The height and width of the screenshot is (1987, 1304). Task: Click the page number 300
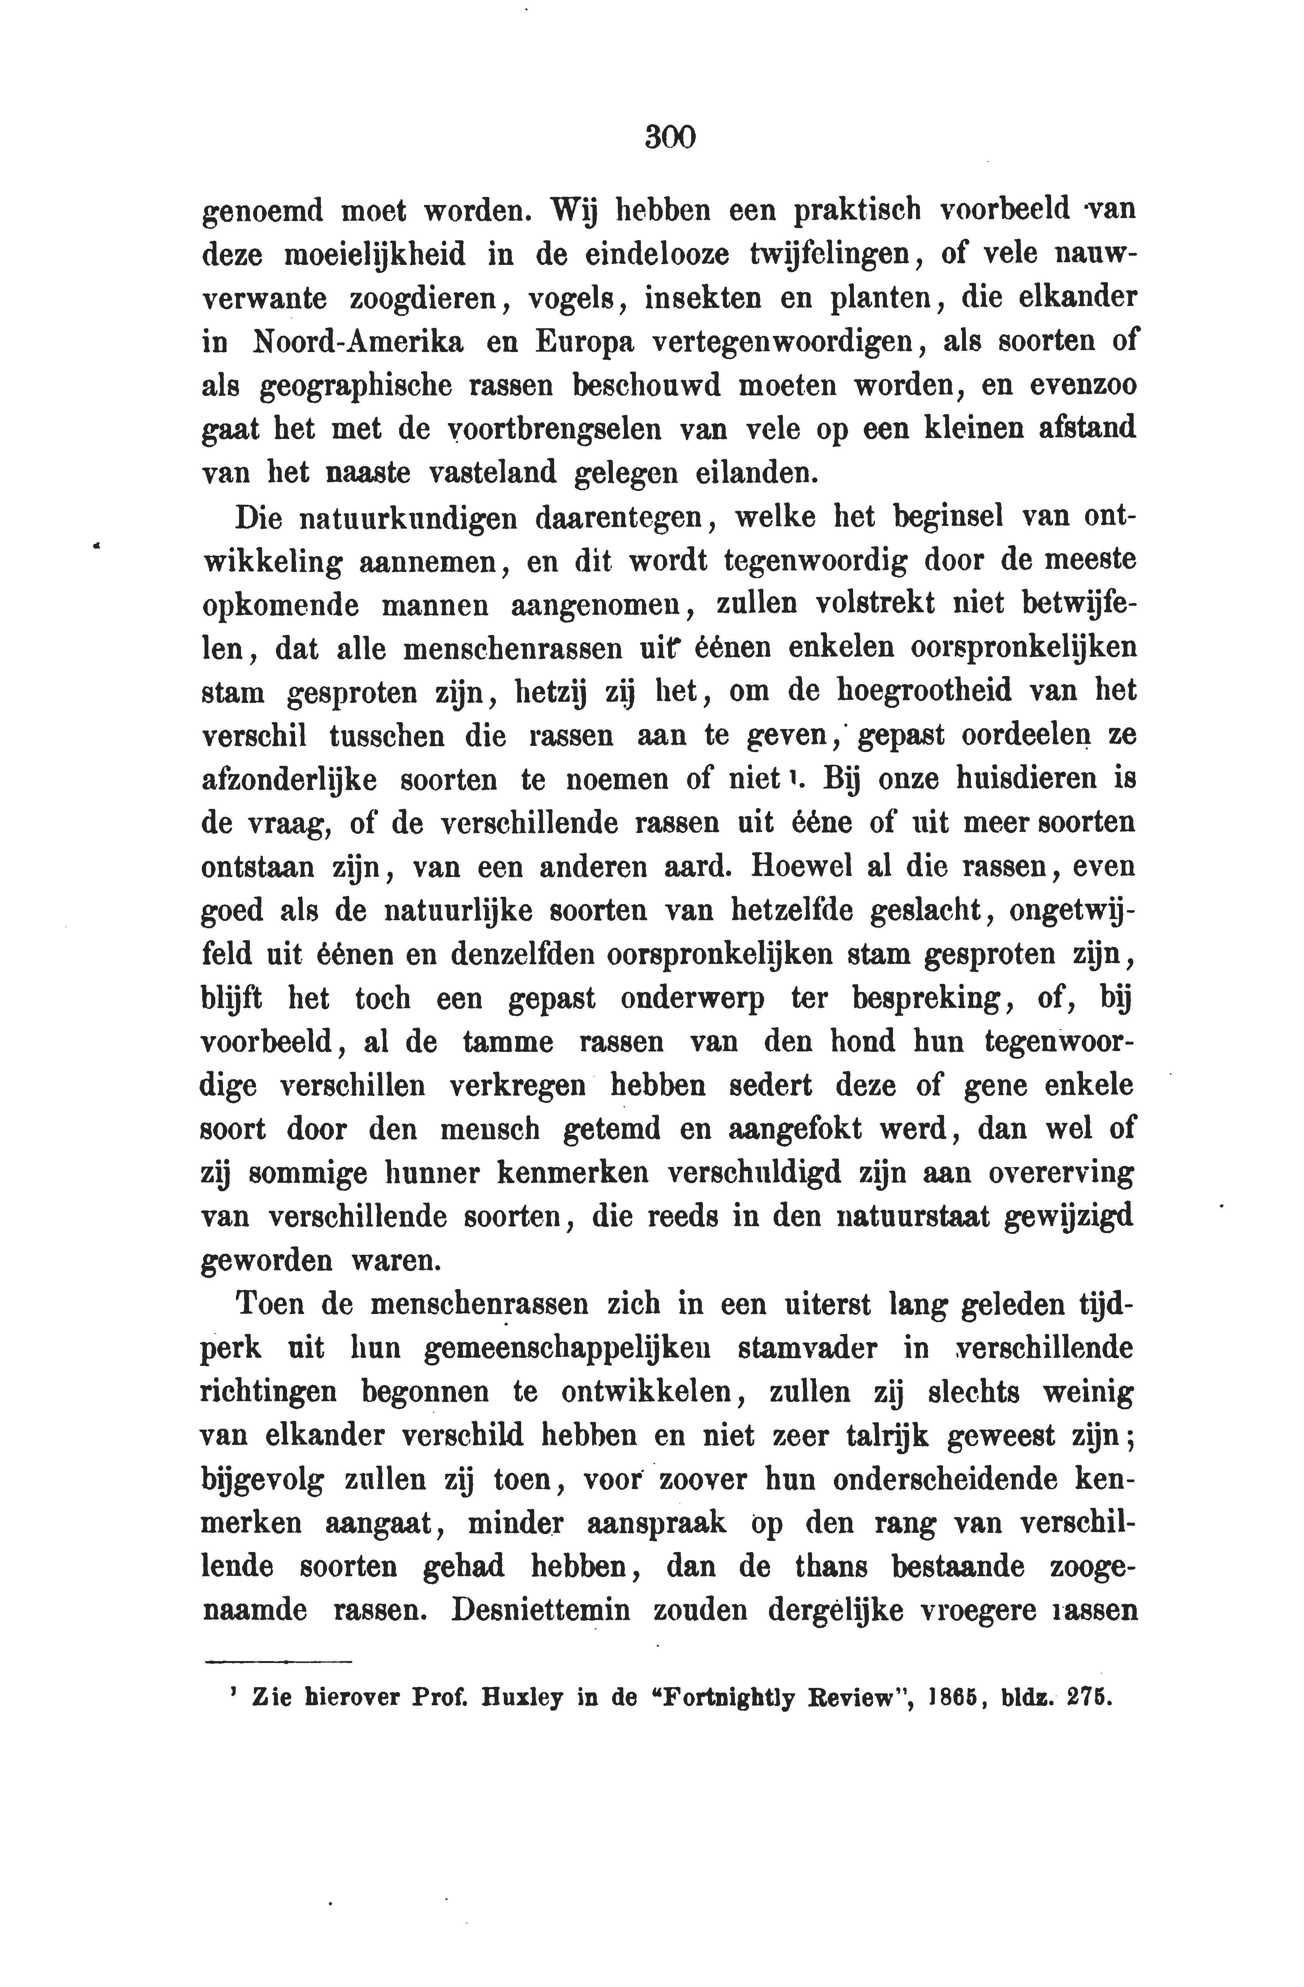(x=670, y=136)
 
